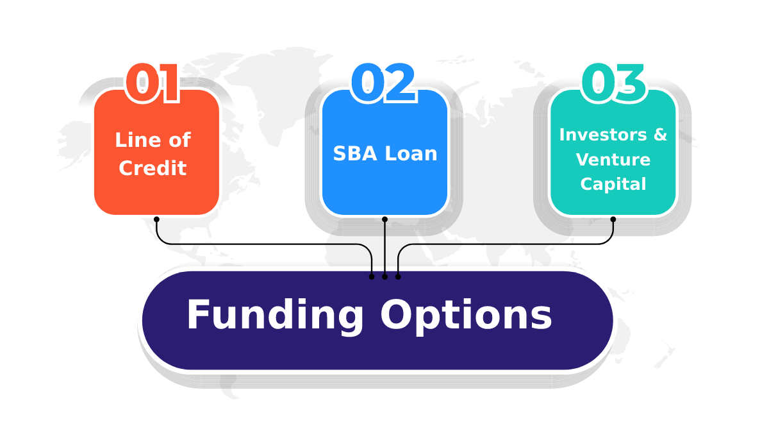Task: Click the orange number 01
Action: click(x=153, y=83)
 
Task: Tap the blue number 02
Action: click(x=383, y=83)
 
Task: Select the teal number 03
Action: click(x=614, y=83)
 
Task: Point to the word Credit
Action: click(x=153, y=168)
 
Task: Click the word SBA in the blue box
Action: click(x=355, y=153)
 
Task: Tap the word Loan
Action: click(x=411, y=153)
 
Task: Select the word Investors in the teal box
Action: click(x=603, y=134)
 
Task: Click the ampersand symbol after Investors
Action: click(x=660, y=134)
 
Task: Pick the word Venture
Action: click(x=613, y=159)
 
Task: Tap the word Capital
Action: click(x=613, y=184)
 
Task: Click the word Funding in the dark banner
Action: click(x=275, y=316)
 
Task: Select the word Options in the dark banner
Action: click(x=466, y=316)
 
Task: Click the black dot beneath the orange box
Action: click(x=156, y=219)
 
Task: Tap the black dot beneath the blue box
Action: click(x=385, y=219)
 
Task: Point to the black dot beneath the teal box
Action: click(x=613, y=219)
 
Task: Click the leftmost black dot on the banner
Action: click(x=372, y=276)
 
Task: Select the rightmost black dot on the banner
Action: click(x=398, y=276)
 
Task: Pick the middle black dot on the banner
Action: click(x=385, y=276)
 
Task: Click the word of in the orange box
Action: click(x=179, y=140)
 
